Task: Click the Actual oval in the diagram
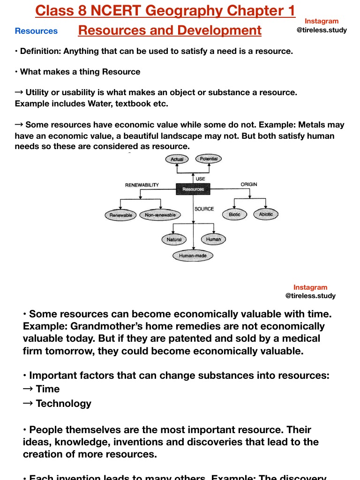pyautogui.click(x=177, y=159)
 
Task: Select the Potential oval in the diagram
pyautogui.click(x=209, y=159)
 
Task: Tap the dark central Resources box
pyautogui.click(x=193, y=189)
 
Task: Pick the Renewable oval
pyautogui.click(x=121, y=215)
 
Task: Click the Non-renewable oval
pyautogui.click(x=160, y=215)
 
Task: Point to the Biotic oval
pyautogui.click(x=234, y=215)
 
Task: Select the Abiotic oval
pyautogui.click(x=266, y=215)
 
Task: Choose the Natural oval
pyautogui.click(x=174, y=240)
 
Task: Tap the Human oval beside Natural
pyautogui.click(x=213, y=239)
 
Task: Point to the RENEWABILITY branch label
pyautogui.click(x=142, y=185)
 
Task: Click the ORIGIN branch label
pyautogui.click(x=249, y=184)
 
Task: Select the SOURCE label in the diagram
pyautogui.click(x=204, y=209)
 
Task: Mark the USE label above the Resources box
pyautogui.click(x=200, y=179)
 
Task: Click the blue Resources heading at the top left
pyautogui.click(x=36, y=31)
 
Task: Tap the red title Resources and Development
pyautogui.click(x=170, y=30)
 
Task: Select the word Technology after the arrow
pyautogui.click(x=63, y=404)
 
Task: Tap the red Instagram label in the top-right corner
pyautogui.click(x=322, y=21)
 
